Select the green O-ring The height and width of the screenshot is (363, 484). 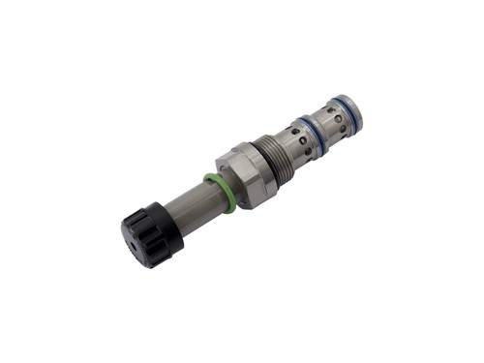pos(221,191)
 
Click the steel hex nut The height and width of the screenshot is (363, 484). pos(244,175)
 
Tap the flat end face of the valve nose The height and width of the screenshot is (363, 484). pos(362,105)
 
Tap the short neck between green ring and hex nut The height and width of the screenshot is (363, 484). pos(228,187)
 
